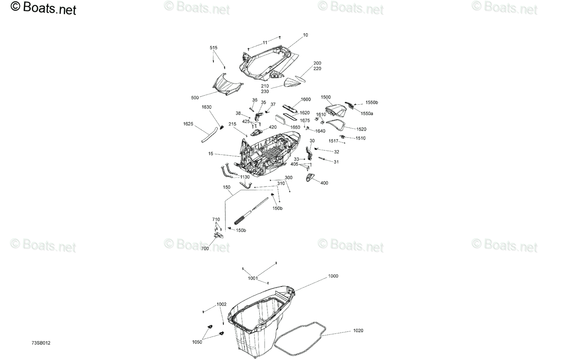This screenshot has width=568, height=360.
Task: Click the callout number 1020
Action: click(358, 331)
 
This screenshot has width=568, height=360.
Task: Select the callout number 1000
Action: click(333, 276)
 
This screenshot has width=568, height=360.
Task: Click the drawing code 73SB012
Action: click(41, 343)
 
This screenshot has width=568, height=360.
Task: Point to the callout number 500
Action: click(195, 98)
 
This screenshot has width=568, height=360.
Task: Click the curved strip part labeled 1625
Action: click(209, 135)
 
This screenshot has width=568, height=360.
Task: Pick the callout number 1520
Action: click(361, 129)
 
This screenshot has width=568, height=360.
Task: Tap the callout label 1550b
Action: click(372, 102)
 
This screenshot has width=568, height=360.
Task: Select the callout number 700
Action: click(205, 249)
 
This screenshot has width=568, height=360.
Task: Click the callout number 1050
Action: click(197, 342)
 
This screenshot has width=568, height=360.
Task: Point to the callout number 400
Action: click(324, 183)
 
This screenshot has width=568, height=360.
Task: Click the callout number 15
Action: click(211, 153)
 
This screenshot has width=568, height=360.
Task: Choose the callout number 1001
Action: click(253, 279)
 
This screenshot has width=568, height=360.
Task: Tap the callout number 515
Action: click(213, 48)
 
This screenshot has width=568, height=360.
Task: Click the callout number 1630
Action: click(207, 107)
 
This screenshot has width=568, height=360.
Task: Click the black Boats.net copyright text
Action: click(43, 8)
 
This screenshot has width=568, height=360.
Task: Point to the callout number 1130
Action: click(245, 177)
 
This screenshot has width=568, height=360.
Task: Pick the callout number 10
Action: click(306, 35)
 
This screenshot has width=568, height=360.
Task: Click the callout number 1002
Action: click(222, 304)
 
